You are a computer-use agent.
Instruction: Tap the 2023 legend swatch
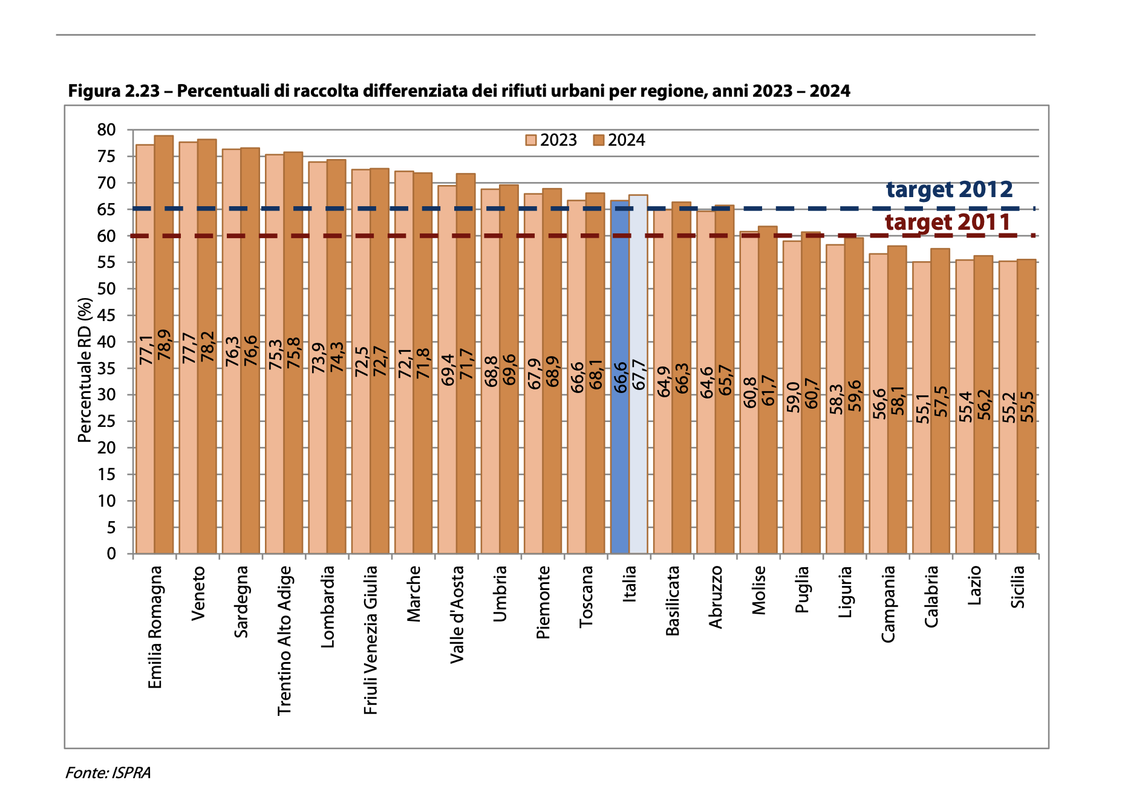coord(530,140)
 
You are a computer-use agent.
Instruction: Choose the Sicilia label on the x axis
coord(1018,587)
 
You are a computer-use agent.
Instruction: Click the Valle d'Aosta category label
coord(457,614)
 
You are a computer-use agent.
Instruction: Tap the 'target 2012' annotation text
coord(949,190)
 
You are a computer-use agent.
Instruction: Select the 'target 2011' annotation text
coord(948,223)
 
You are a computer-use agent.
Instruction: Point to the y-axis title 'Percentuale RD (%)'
coord(85,370)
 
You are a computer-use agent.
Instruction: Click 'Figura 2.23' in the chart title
coord(114,91)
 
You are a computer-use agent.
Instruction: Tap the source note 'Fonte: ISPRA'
coord(108,773)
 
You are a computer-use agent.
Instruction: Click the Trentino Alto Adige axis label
coord(284,640)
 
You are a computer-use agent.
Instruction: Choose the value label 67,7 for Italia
coord(639,375)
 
